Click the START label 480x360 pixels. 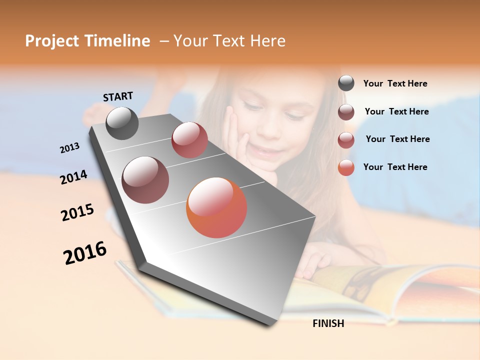coord(118,96)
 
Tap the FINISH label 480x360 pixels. coord(328,323)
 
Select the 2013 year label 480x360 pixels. coord(69,148)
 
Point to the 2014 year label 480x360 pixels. coord(73,177)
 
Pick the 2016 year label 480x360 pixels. coord(85,253)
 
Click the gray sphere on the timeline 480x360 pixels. coord(122,123)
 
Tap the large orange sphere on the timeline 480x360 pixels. coord(216,207)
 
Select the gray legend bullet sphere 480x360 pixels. coord(346,83)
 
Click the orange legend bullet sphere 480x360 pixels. coord(346,167)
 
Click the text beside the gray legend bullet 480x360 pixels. coord(395,83)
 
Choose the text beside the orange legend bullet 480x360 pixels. coord(395,167)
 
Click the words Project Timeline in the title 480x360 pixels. coord(87,41)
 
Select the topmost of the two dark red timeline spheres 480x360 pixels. coord(189,140)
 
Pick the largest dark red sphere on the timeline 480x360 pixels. coord(145,180)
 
